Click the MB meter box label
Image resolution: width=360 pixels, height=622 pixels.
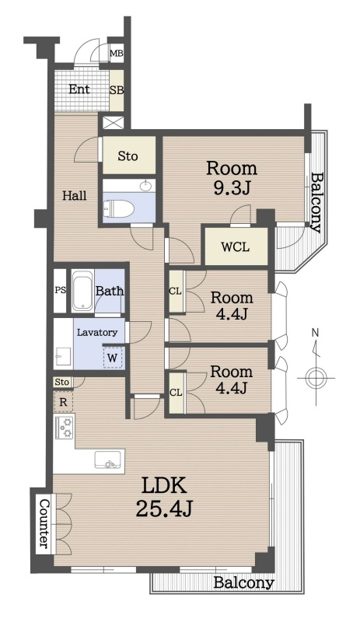(x=117, y=54)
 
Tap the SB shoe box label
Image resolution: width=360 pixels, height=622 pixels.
(x=117, y=90)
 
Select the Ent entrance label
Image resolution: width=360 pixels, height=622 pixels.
(x=79, y=89)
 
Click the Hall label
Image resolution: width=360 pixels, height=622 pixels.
(x=75, y=196)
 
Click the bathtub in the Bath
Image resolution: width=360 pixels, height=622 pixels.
(x=83, y=290)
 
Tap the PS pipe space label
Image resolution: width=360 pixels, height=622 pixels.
(x=61, y=290)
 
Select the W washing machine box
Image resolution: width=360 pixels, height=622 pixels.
(x=113, y=358)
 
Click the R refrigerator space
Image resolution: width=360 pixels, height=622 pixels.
(x=63, y=402)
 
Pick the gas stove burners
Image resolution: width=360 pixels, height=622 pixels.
(x=65, y=427)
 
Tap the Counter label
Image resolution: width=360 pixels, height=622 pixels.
(x=45, y=523)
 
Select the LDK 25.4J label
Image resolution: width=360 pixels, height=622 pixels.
(x=164, y=496)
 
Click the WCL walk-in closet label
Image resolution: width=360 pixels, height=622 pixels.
(x=236, y=246)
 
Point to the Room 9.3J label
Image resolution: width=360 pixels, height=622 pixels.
(x=232, y=179)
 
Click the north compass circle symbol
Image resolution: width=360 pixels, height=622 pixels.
(x=316, y=378)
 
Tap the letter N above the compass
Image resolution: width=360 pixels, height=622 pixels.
(x=315, y=333)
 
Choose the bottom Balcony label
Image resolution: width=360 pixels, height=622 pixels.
(x=243, y=582)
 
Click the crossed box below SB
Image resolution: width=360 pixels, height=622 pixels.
(x=113, y=122)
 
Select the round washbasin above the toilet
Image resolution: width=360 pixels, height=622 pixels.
(x=148, y=185)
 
